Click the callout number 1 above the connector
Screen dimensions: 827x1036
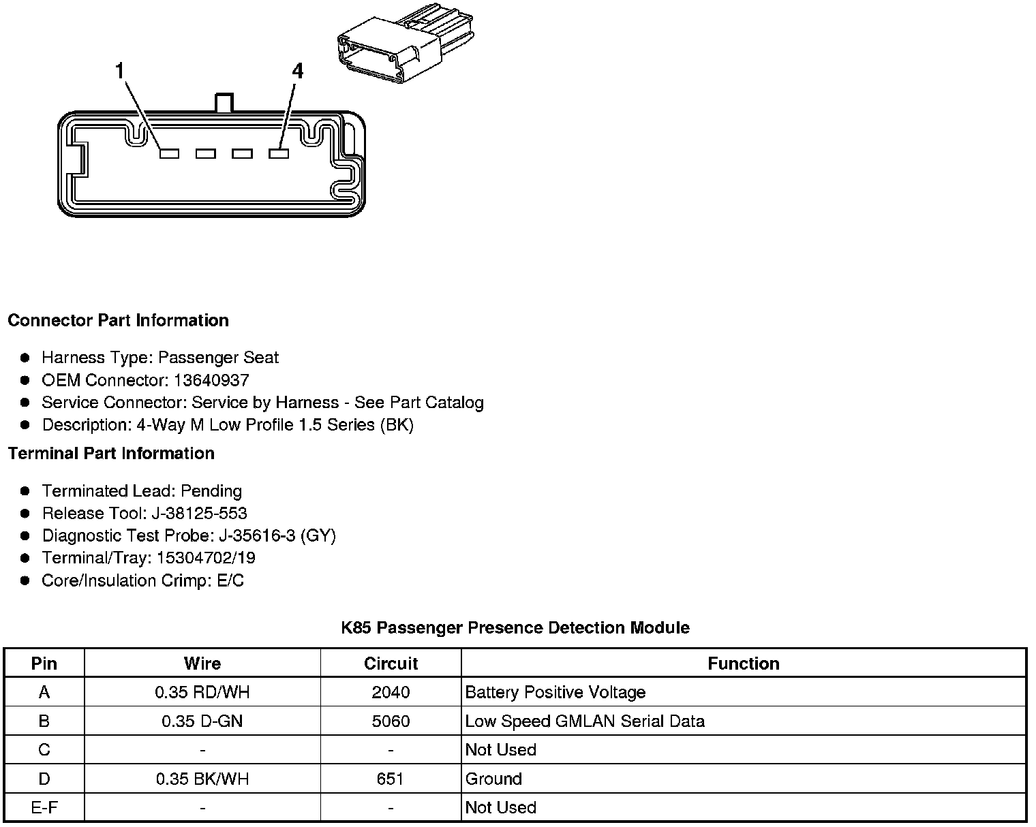click(x=120, y=70)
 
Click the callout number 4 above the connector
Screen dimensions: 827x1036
click(x=297, y=71)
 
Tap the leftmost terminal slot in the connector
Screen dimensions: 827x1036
click(x=169, y=154)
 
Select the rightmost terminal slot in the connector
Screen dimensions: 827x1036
click(x=279, y=154)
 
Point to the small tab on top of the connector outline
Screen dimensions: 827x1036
click(x=224, y=103)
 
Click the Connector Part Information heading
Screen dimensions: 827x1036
click(x=118, y=320)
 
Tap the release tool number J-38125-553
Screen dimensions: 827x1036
click(x=202, y=513)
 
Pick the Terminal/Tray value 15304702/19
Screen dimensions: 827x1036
click(x=206, y=558)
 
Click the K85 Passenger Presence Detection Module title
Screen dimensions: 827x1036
click(x=515, y=627)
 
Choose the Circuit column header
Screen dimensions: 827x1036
click(x=391, y=664)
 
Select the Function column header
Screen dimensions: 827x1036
click(x=743, y=664)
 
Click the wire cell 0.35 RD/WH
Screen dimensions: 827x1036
click(x=202, y=693)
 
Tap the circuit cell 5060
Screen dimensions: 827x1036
click(x=391, y=721)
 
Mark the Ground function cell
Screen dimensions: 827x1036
click(x=493, y=779)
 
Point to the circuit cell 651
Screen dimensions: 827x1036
click(x=391, y=779)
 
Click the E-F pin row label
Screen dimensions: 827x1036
click(x=44, y=808)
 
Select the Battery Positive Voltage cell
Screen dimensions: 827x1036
click(x=555, y=693)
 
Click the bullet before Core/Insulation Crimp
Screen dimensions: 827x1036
click(x=25, y=580)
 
